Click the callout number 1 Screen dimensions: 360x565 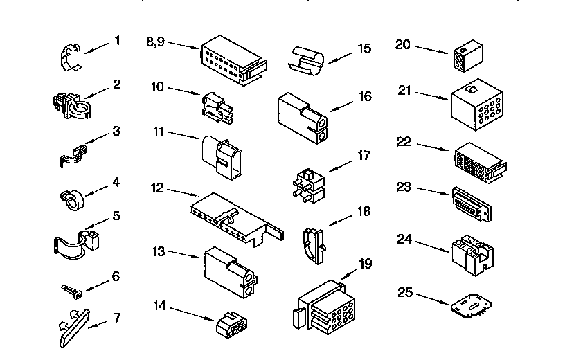117,41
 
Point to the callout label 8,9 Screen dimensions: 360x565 155,42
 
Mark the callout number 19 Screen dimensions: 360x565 365,263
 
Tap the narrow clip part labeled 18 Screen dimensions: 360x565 313,244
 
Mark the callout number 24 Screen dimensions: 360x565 406,240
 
